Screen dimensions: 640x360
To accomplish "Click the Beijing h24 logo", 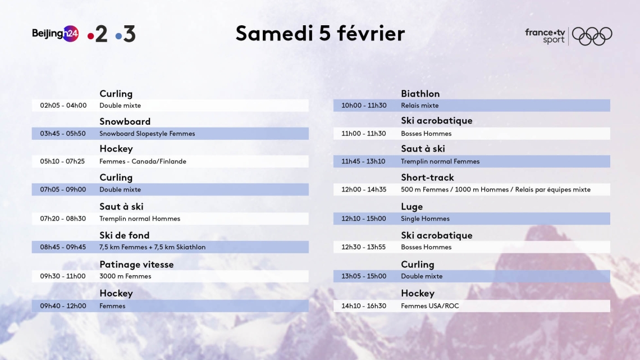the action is pos(55,34).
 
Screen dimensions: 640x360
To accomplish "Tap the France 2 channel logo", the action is pos(98,34).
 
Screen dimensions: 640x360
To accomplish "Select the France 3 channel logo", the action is pos(125,34).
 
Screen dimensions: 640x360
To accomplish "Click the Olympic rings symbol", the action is pos(592,36).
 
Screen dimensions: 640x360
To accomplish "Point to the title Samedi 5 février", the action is pos(320,33).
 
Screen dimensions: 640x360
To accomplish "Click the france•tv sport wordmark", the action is pos(545,36).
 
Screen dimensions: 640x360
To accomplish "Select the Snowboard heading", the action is pos(125,121).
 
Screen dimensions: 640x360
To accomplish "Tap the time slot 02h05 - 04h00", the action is pos(63,106).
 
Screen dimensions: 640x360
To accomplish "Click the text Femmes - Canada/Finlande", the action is pos(143,161).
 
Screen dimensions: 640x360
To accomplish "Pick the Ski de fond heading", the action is pos(125,235).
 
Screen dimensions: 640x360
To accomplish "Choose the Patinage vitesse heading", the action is pos(137,265).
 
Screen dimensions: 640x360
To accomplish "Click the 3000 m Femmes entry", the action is pos(125,276).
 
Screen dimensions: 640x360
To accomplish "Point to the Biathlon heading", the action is pos(420,94).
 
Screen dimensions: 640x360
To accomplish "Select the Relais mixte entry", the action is pos(419,106).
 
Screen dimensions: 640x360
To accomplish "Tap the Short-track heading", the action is pos(427,177).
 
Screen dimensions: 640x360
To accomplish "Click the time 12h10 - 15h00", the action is pos(364,219).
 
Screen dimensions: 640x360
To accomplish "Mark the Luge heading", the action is pos(412,207).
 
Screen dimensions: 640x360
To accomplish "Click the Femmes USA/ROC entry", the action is pos(430,306).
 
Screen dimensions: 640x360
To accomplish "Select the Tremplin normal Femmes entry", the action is pos(440,161).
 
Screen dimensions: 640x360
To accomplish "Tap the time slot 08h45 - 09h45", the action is pos(63,247).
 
